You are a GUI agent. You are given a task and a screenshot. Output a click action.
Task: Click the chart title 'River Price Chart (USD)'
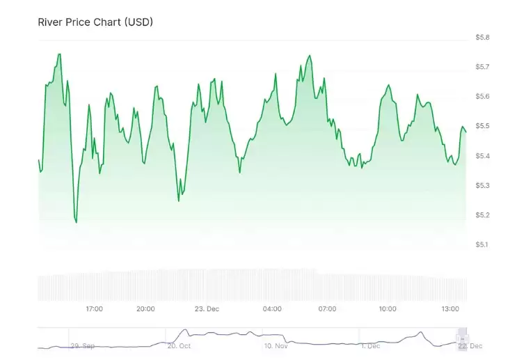[95, 22]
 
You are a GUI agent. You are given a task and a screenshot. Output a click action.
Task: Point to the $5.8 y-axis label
[482, 37]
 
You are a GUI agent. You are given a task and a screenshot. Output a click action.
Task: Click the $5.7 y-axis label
[482, 67]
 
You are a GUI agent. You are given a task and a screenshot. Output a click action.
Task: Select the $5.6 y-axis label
[482, 96]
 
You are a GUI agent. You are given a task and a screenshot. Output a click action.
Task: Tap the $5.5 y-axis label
[482, 126]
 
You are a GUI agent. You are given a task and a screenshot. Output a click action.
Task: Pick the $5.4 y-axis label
[482, 156]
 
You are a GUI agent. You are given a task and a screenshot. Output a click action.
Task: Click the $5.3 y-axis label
[482, 185]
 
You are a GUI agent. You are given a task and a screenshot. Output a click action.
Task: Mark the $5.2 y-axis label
[482, 215]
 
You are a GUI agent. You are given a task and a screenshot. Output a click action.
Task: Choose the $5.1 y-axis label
[482, 244]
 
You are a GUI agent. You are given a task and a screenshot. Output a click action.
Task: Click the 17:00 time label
[95, 308]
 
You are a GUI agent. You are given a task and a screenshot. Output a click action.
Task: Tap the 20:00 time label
[145, 308]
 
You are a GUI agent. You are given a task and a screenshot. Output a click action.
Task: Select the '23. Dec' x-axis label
[207, 308]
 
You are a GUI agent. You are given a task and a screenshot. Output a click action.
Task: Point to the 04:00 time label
[272, 308]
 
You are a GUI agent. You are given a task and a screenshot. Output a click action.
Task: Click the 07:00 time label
[327, 308]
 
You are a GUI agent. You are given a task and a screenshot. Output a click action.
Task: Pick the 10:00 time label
[388, 308]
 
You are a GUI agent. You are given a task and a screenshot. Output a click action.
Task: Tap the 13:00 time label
[450, 308]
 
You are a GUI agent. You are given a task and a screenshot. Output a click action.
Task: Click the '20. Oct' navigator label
[179, 345]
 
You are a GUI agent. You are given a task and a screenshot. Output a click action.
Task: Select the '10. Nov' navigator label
[276, 345]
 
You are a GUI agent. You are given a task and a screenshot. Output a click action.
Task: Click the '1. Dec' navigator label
[370, 345]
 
